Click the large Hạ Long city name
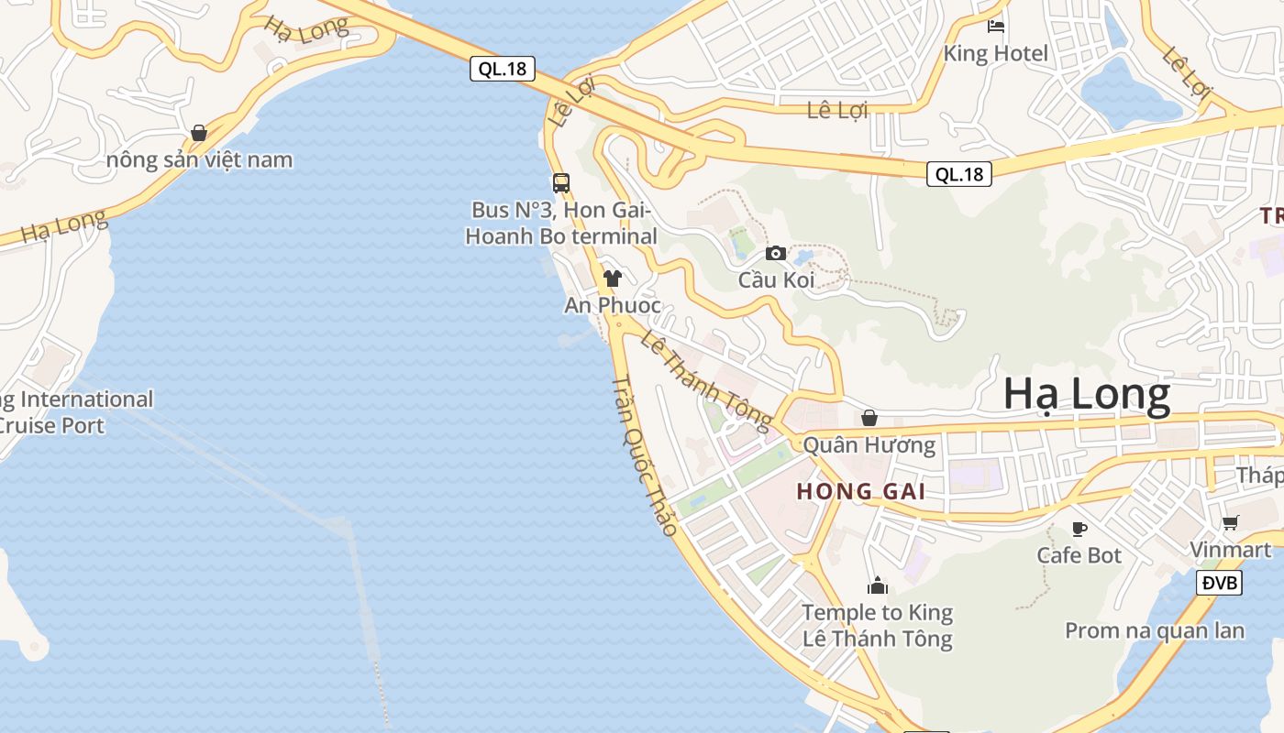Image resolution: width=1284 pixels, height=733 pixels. [x=1087, y=395]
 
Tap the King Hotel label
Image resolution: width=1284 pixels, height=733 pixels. [x=995, y=53]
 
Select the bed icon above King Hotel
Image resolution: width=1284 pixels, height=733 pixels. [x=996, y=27]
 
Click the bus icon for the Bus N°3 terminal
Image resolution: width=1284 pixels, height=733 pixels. [x=561, y=183]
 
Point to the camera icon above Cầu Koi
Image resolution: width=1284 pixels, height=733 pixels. [x=776, y=253]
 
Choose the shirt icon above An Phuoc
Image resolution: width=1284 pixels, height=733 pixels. [x=613, y=279]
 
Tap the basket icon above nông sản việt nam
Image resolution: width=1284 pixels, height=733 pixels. [x=199, y=133]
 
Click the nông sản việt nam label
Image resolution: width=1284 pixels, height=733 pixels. [x=200, y=159]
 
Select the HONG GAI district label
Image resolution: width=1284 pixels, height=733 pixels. [x=860, y=491]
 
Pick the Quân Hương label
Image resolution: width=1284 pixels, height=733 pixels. [x=869, y=445]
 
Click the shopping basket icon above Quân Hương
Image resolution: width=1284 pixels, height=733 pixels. [x=869, y=419]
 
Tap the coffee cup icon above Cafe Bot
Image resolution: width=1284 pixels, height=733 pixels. [x=1079, y=529]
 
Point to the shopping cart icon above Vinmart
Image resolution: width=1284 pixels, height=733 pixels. [x=1230, y=522]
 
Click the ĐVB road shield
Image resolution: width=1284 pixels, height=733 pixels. [x=1219, y=583]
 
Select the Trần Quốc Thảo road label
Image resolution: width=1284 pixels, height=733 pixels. [x=645, y=455]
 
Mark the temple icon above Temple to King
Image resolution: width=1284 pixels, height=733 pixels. [x=878, y=585]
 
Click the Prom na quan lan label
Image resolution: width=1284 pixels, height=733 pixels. [x=1155, y=630]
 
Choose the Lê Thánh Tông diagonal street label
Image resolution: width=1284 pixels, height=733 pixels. [x=706, y=380]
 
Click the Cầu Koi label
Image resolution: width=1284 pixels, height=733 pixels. [x=776, y=279]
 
